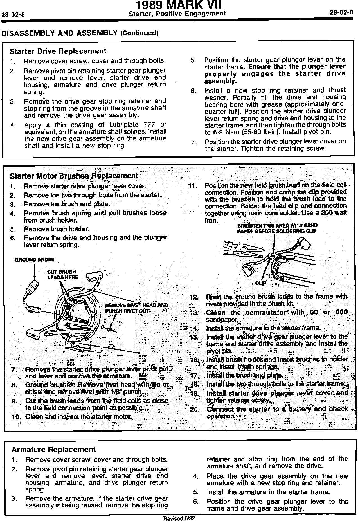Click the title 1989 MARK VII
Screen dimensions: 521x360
[x=178, y=5]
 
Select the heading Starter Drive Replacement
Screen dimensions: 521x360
[x=58, y=51]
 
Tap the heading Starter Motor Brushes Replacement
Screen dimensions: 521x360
[x=74, y=176]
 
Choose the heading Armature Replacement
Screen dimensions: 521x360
[x=54, y=450]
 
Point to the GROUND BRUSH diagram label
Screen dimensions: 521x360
[x=34, y=260]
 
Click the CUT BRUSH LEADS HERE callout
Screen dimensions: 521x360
[x=63, y=275]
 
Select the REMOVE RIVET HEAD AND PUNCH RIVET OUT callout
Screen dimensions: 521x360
[x=136, y=308]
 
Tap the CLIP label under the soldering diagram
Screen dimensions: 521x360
[x=261, y=283]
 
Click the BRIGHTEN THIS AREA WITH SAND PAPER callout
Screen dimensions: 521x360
[x=277, y=228]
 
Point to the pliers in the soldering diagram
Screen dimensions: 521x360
[x=243, y=249]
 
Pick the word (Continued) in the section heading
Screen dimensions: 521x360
[x=139, y=33]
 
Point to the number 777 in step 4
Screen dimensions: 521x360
[x=149, y=125]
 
